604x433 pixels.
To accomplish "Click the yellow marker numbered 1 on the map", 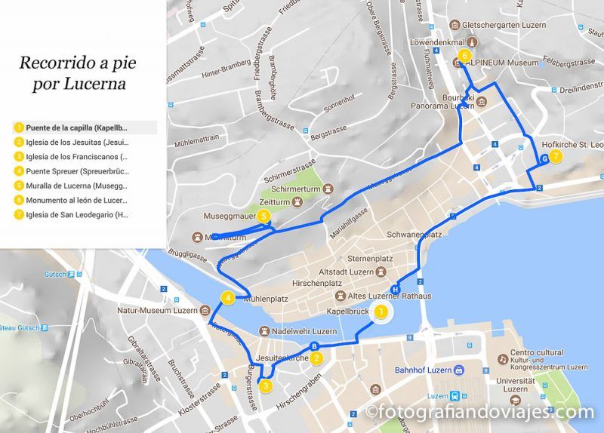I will [382, 311].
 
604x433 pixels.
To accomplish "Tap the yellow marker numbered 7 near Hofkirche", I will [556, 157].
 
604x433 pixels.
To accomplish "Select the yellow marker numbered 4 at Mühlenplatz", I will [227, 299].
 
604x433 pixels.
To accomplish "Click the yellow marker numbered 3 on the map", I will [266, 386].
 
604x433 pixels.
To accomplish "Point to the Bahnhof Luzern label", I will [423, 370].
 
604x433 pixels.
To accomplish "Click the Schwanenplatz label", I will [414, 235].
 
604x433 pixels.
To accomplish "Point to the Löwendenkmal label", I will [436, 42].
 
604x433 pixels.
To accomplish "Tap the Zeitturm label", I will [273, 202].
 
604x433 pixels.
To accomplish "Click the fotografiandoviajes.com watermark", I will [480, 412].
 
